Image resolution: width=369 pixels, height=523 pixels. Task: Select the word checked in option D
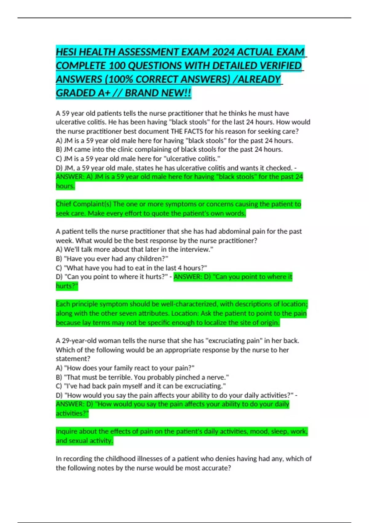pyautogui.click(x=279, y=168)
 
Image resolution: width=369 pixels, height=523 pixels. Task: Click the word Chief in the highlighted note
pyautogui.click(x=63, y=204)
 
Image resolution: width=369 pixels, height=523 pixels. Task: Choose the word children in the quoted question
pyautogui.click(x=152, y=259)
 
